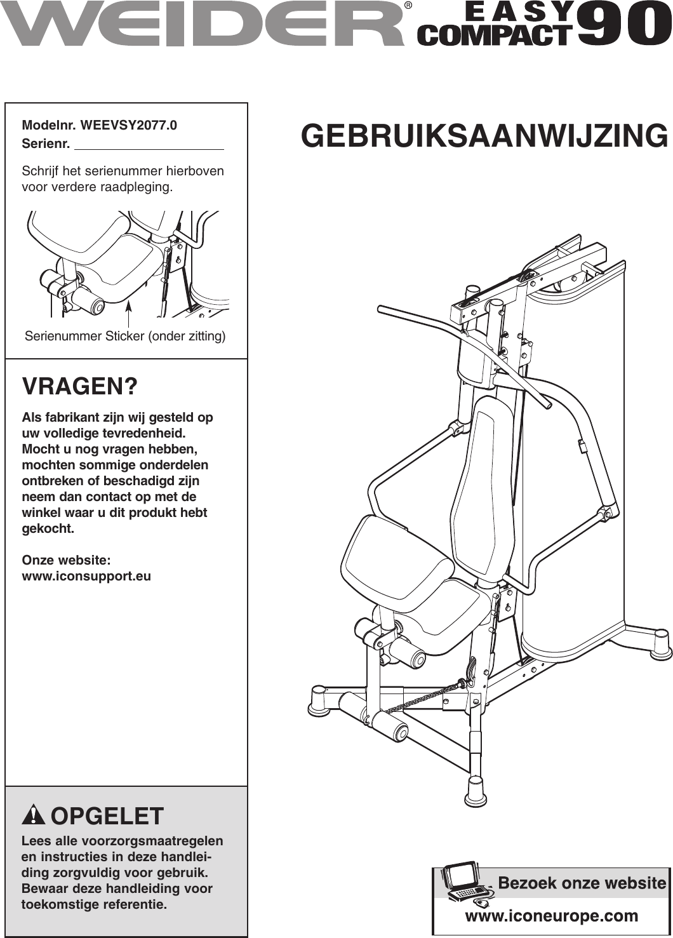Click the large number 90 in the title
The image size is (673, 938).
pos(623,23)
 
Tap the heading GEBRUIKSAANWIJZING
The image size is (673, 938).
pos(484,136)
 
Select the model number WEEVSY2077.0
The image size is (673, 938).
pos(128,125)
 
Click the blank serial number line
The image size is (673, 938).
pos(149,145)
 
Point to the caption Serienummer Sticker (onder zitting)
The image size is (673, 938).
pos(125,336)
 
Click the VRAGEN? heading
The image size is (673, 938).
pos(79,386)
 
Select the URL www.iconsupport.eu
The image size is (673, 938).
pos(86,577)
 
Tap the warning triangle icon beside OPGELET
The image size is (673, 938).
pos(34,815)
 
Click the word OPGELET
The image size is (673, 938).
pos(107,816)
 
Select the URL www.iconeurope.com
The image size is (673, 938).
pos(551,916)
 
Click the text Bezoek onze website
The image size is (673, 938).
pos(582,883)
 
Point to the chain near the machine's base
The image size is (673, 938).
pos(419,699)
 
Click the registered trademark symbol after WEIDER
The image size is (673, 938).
pos(408,6)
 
